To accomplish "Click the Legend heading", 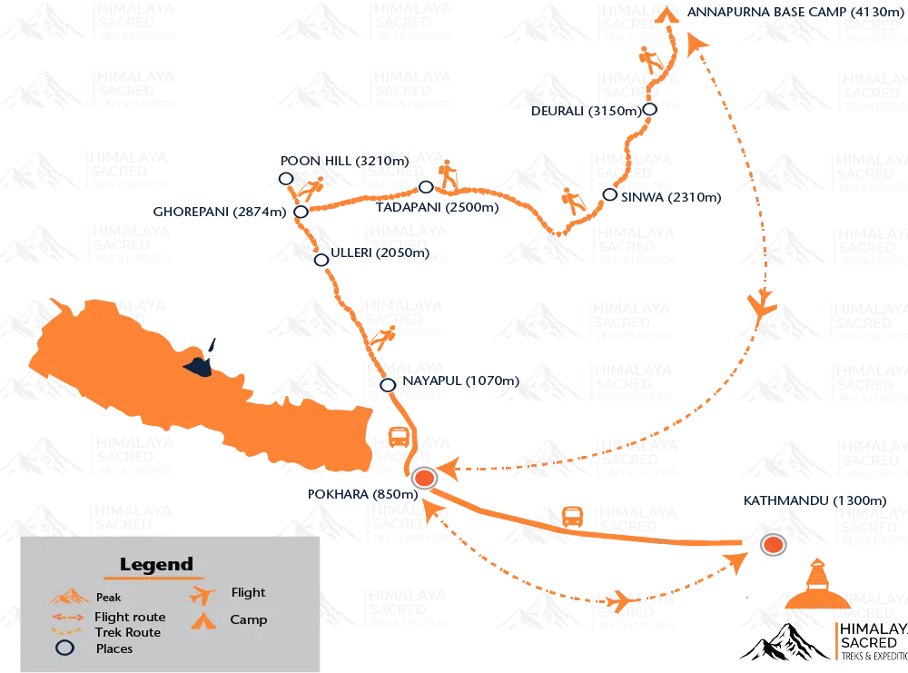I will coord(156,564).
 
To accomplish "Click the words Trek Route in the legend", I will coord(127,632).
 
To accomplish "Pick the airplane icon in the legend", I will coord(205,594).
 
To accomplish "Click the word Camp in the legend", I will coord(249,619).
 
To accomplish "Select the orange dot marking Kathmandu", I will coord(773,545).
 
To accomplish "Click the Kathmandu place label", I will coord(813,500).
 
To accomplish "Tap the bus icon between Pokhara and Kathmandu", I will coord(572,516).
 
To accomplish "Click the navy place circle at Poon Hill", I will coord(286,179).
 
